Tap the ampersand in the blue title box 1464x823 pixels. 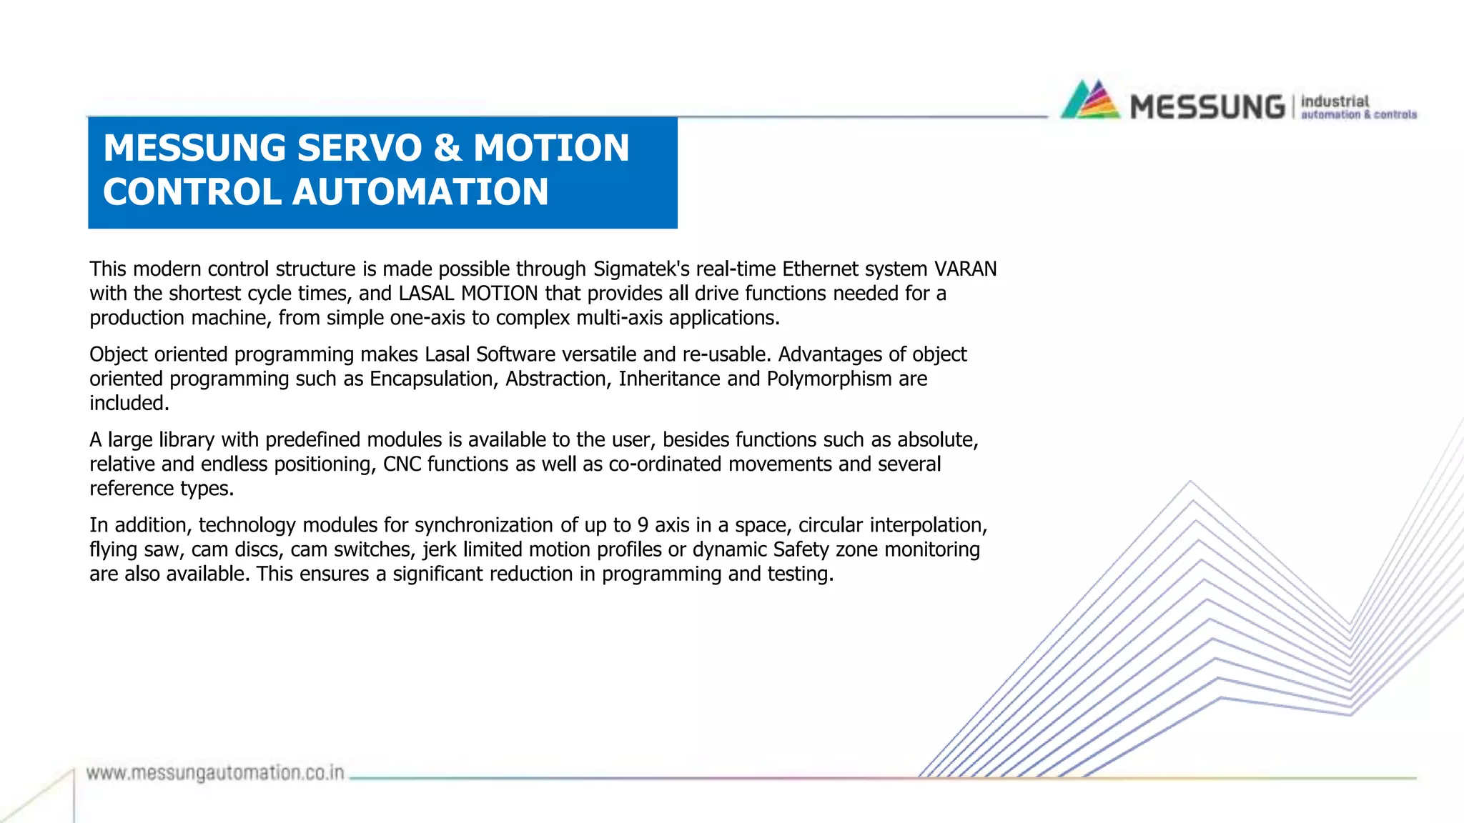pos(447,148)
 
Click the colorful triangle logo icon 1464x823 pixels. pos(1090,100)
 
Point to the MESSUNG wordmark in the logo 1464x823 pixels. pos(1207,107)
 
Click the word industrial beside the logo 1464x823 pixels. pos(1335,101)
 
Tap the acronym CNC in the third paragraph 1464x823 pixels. pos(402,464)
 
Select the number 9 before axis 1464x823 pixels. pos(643,525)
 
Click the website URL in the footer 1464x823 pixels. pos(215,773)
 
